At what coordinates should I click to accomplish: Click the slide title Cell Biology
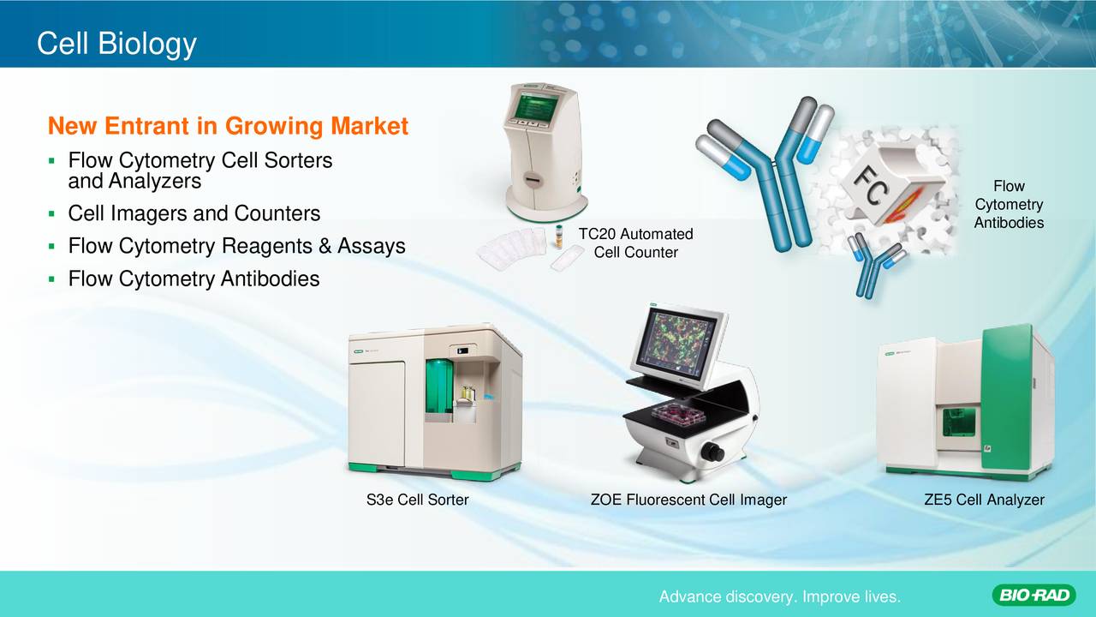116,44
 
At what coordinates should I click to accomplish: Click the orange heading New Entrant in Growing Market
228,126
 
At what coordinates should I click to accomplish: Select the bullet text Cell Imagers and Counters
194,213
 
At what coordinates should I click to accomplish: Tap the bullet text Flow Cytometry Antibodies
194,279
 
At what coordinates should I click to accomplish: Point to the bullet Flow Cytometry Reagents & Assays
237,246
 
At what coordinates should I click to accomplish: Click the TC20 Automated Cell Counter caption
635,243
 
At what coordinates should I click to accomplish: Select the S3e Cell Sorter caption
417,500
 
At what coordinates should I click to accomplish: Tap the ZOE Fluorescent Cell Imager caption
688,500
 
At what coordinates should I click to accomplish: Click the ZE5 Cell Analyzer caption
984,500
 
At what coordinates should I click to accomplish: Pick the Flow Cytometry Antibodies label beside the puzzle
1009,204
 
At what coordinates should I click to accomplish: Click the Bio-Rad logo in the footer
1033,596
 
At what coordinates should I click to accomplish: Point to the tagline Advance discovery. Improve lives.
780,597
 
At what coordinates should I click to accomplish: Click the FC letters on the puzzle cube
871,185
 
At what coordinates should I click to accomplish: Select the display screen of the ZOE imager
677,343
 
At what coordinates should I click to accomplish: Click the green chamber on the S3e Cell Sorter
439,386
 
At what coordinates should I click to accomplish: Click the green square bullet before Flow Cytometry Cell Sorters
52,160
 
